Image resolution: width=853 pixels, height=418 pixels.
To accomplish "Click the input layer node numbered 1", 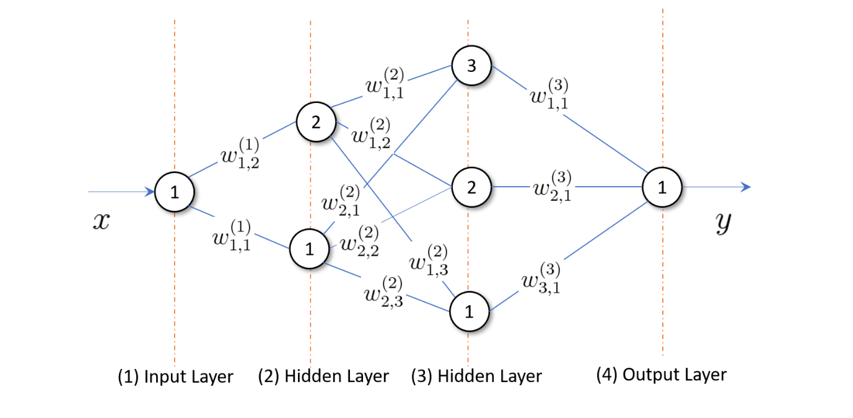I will [x=174, y=192].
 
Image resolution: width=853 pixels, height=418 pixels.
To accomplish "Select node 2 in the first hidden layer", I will [x=315, y=122].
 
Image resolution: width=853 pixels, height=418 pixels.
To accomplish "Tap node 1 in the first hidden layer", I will [x=309, y=249].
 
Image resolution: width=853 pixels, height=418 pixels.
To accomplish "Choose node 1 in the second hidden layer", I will [x=469, y=313].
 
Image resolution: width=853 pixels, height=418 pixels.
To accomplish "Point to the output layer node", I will [x=662, y=187].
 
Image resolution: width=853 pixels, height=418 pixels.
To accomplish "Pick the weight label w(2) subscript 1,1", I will [x=385, y=84].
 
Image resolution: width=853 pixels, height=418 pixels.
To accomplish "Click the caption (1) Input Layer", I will [x=175, y=376].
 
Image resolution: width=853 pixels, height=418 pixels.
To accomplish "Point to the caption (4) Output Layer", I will [x=661, y=375].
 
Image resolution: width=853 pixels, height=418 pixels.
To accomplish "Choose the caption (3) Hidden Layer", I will [x=476, y=376].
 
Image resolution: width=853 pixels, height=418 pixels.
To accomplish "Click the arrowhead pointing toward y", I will [x=746, y=187].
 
